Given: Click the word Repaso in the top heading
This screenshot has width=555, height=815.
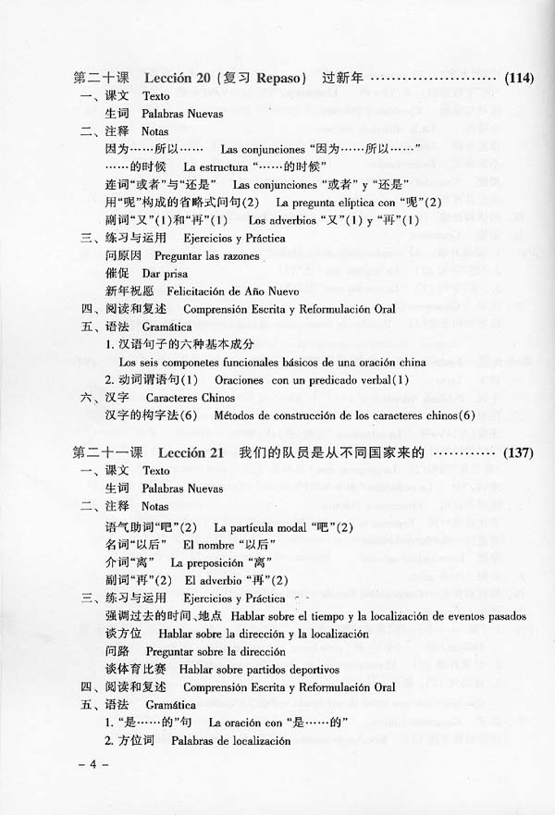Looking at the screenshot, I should tap(281, 79).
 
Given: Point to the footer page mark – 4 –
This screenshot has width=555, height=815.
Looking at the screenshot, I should tap(93, 766).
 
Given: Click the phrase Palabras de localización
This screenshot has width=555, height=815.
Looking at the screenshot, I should tap(219, 741).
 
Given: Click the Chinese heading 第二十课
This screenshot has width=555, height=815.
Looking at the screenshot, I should tap(101, 79).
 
